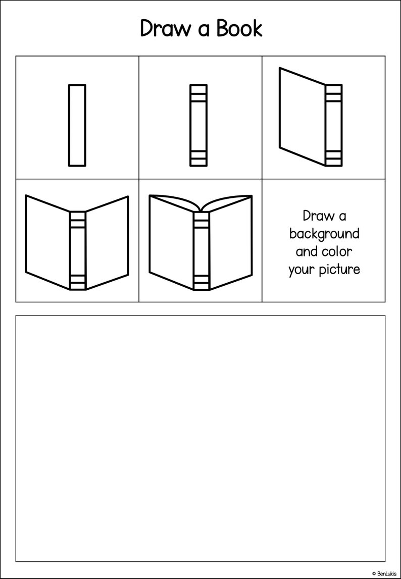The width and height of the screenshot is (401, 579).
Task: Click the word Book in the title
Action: click(239, 28)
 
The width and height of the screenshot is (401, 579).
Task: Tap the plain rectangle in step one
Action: click(77, 125)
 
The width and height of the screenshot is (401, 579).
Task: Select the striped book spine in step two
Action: click(198, 125)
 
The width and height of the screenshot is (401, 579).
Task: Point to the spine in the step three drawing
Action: click(334, 125)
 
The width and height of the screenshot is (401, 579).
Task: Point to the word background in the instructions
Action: click(324, 235)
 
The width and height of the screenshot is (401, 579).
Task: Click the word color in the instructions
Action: click(338, 251)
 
